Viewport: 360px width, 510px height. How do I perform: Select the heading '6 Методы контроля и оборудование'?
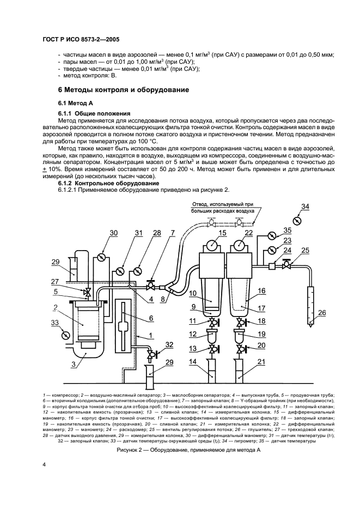(124, 89)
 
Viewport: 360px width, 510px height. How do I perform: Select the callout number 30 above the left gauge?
(113, 233)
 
